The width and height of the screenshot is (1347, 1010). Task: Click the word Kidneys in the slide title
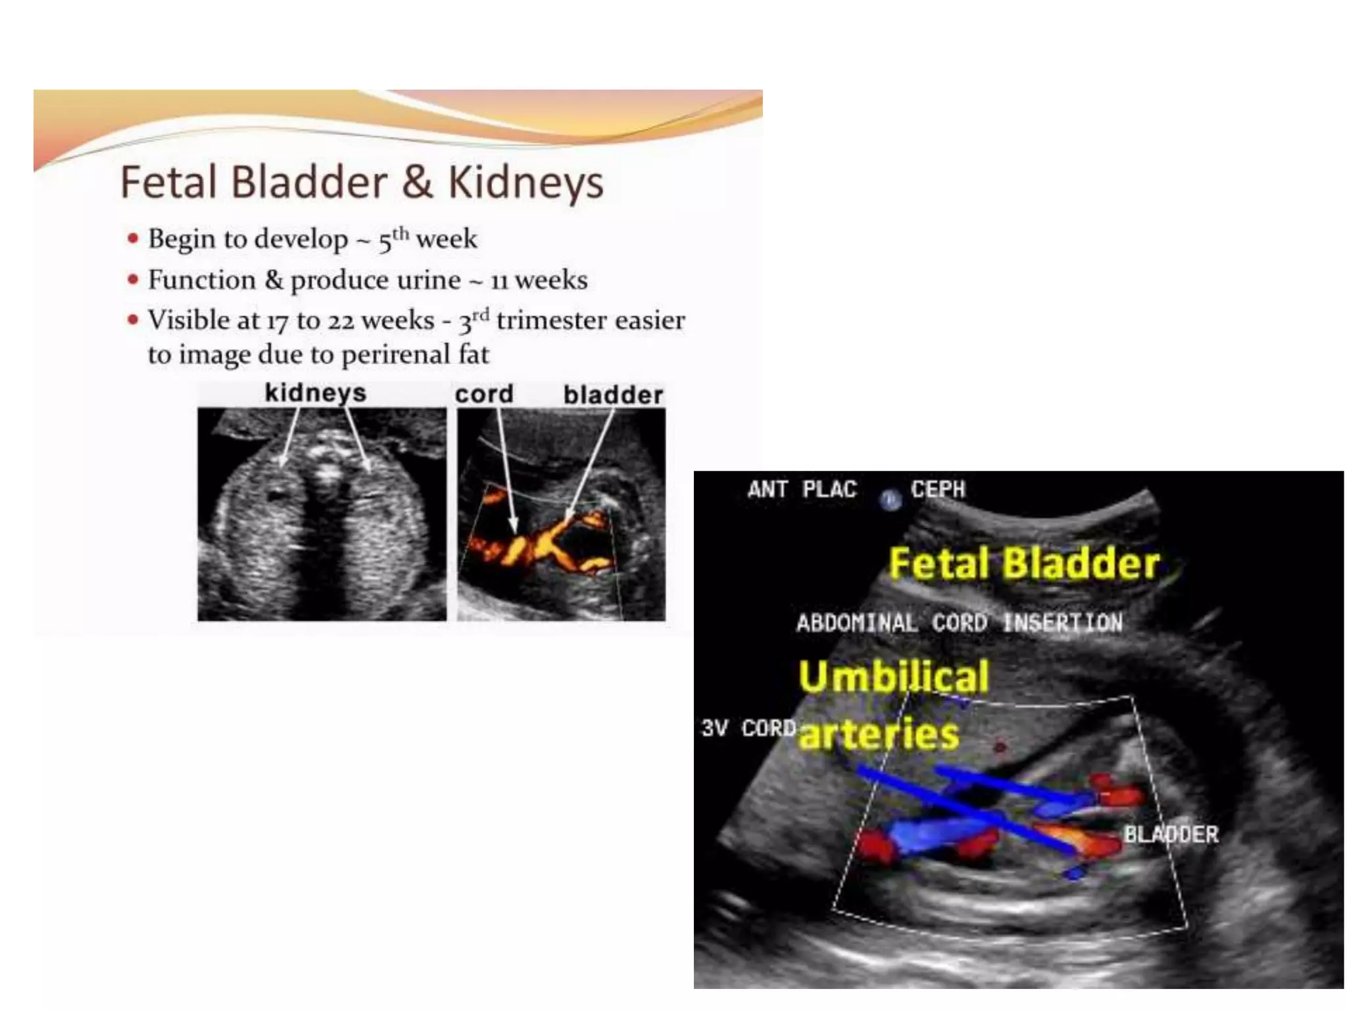[526, 183]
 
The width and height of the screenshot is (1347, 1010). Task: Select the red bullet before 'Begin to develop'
[134, 238]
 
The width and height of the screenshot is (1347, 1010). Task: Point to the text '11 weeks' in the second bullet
[539, 280]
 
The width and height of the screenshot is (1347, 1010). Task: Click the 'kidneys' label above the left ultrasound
[315, 393]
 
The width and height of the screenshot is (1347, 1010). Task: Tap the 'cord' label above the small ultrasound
[484, 394]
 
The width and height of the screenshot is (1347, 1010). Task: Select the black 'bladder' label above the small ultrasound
[613, 395]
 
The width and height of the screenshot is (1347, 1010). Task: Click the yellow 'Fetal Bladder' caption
[1023, 564]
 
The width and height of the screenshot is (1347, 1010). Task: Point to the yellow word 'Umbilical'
[893, 676]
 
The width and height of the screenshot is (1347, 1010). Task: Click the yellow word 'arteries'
[879, 734]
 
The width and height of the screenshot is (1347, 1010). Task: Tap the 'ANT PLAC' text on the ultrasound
[802, 489]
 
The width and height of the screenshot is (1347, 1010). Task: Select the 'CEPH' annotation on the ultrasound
[938, 489]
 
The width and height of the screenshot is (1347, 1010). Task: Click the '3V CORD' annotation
[748, 728]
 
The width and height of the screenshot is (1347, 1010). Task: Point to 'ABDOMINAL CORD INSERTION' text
[959, 622]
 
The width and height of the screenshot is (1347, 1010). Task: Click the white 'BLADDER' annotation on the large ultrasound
[1171, 834]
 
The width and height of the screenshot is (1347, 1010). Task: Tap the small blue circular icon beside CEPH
[891, 500]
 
